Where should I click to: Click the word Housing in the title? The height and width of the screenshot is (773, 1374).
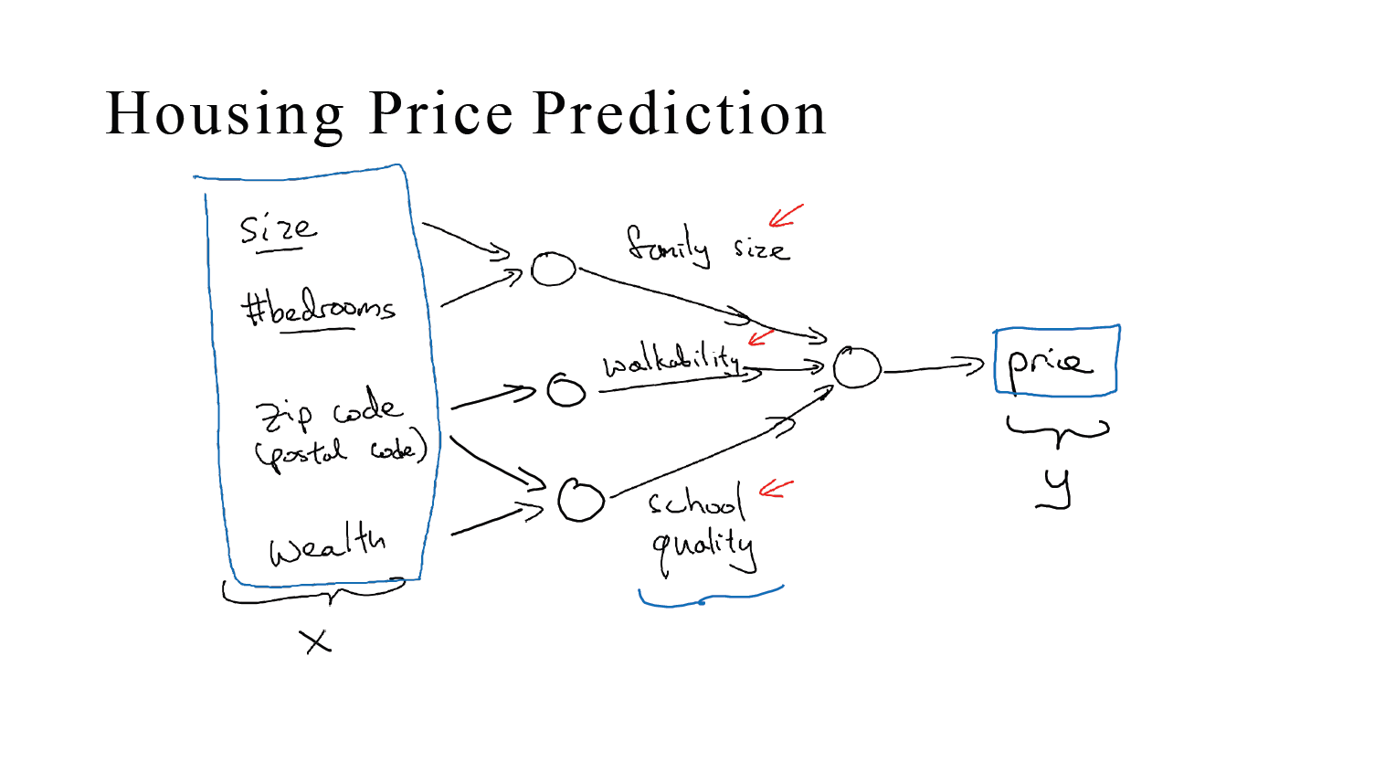tap(224, 115)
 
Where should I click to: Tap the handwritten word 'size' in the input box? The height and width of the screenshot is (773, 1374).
tap(278, 228)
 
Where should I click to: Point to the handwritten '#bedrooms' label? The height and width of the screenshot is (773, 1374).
tap(318, 308)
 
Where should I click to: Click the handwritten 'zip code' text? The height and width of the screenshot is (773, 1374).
tap(328, 411)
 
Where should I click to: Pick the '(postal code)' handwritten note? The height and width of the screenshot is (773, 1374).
tap(341, 451)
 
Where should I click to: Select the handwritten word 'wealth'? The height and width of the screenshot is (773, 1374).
tap(327, 545)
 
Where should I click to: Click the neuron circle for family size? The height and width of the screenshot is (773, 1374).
tap(554, 270)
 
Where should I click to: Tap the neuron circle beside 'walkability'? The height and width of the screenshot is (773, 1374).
tap(565, 390)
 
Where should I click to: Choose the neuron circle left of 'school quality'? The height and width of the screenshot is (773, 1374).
tap(581, 500)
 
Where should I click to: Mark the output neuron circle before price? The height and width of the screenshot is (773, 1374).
tap(856, 368)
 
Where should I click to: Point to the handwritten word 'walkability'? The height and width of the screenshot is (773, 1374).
tap(671, 361)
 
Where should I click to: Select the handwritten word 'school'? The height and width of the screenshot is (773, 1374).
tap(696, 502)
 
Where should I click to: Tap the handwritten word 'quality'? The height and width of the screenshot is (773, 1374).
tap(703, 547)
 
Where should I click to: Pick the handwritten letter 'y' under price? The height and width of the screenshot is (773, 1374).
tap(1057, 489)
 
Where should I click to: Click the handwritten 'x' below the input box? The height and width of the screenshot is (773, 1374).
tap(316, 641)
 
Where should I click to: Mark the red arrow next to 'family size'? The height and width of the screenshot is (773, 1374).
tap(785, 217)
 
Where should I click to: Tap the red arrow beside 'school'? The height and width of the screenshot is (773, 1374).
tap(776, 489)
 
